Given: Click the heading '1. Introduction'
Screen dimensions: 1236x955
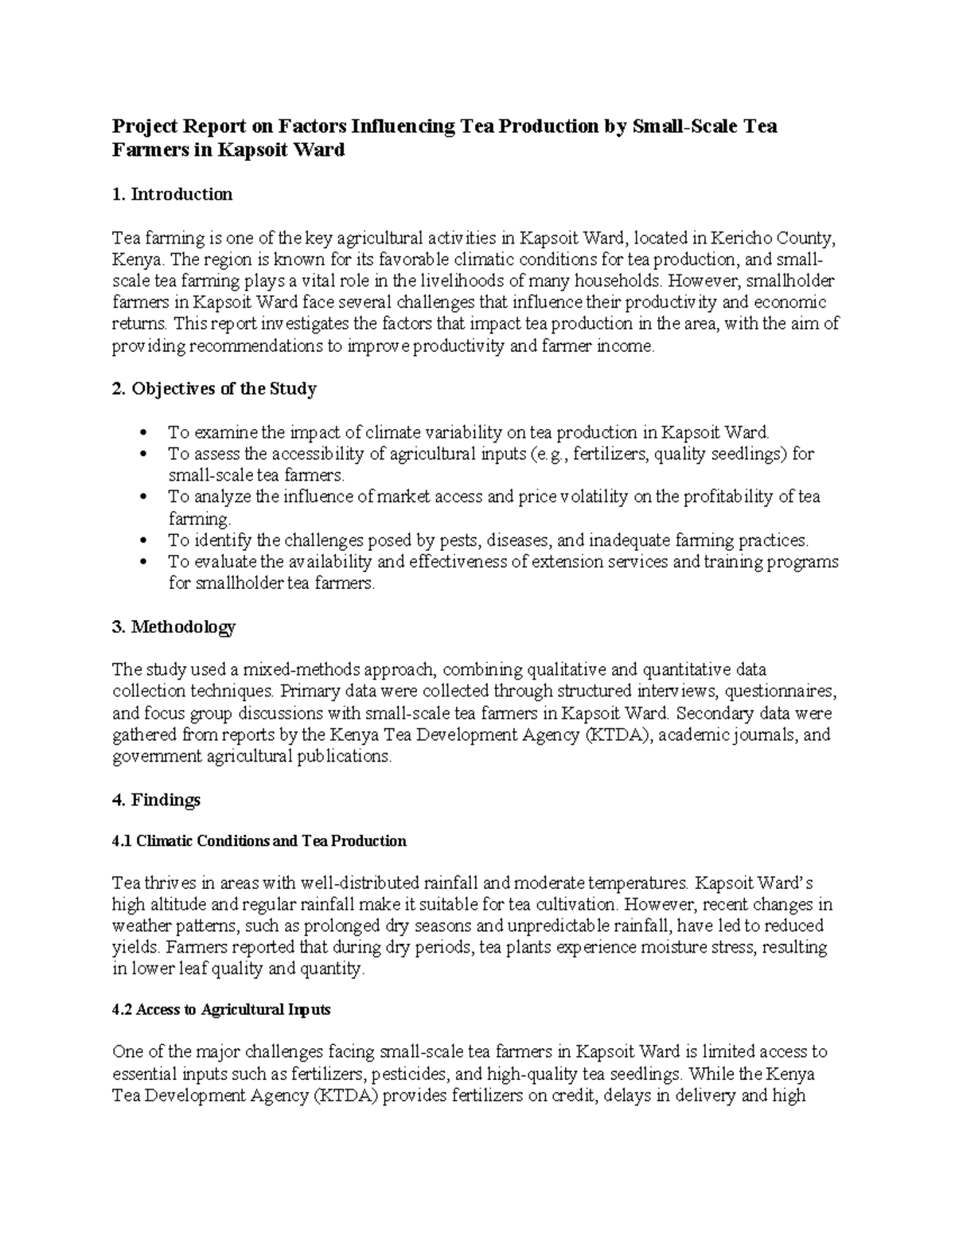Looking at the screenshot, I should (x=172, y=194).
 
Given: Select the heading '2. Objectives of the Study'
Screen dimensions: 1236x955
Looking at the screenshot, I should (x=214, y=389).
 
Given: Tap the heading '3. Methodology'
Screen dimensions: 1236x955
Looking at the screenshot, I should (x=173, y=627).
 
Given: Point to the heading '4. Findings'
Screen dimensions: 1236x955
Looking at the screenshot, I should (x=156, y=800).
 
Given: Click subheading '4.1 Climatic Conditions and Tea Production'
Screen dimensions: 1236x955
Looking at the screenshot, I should (x=259, y=841).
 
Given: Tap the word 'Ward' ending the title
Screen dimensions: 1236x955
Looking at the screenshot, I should (x=319, y=150).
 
